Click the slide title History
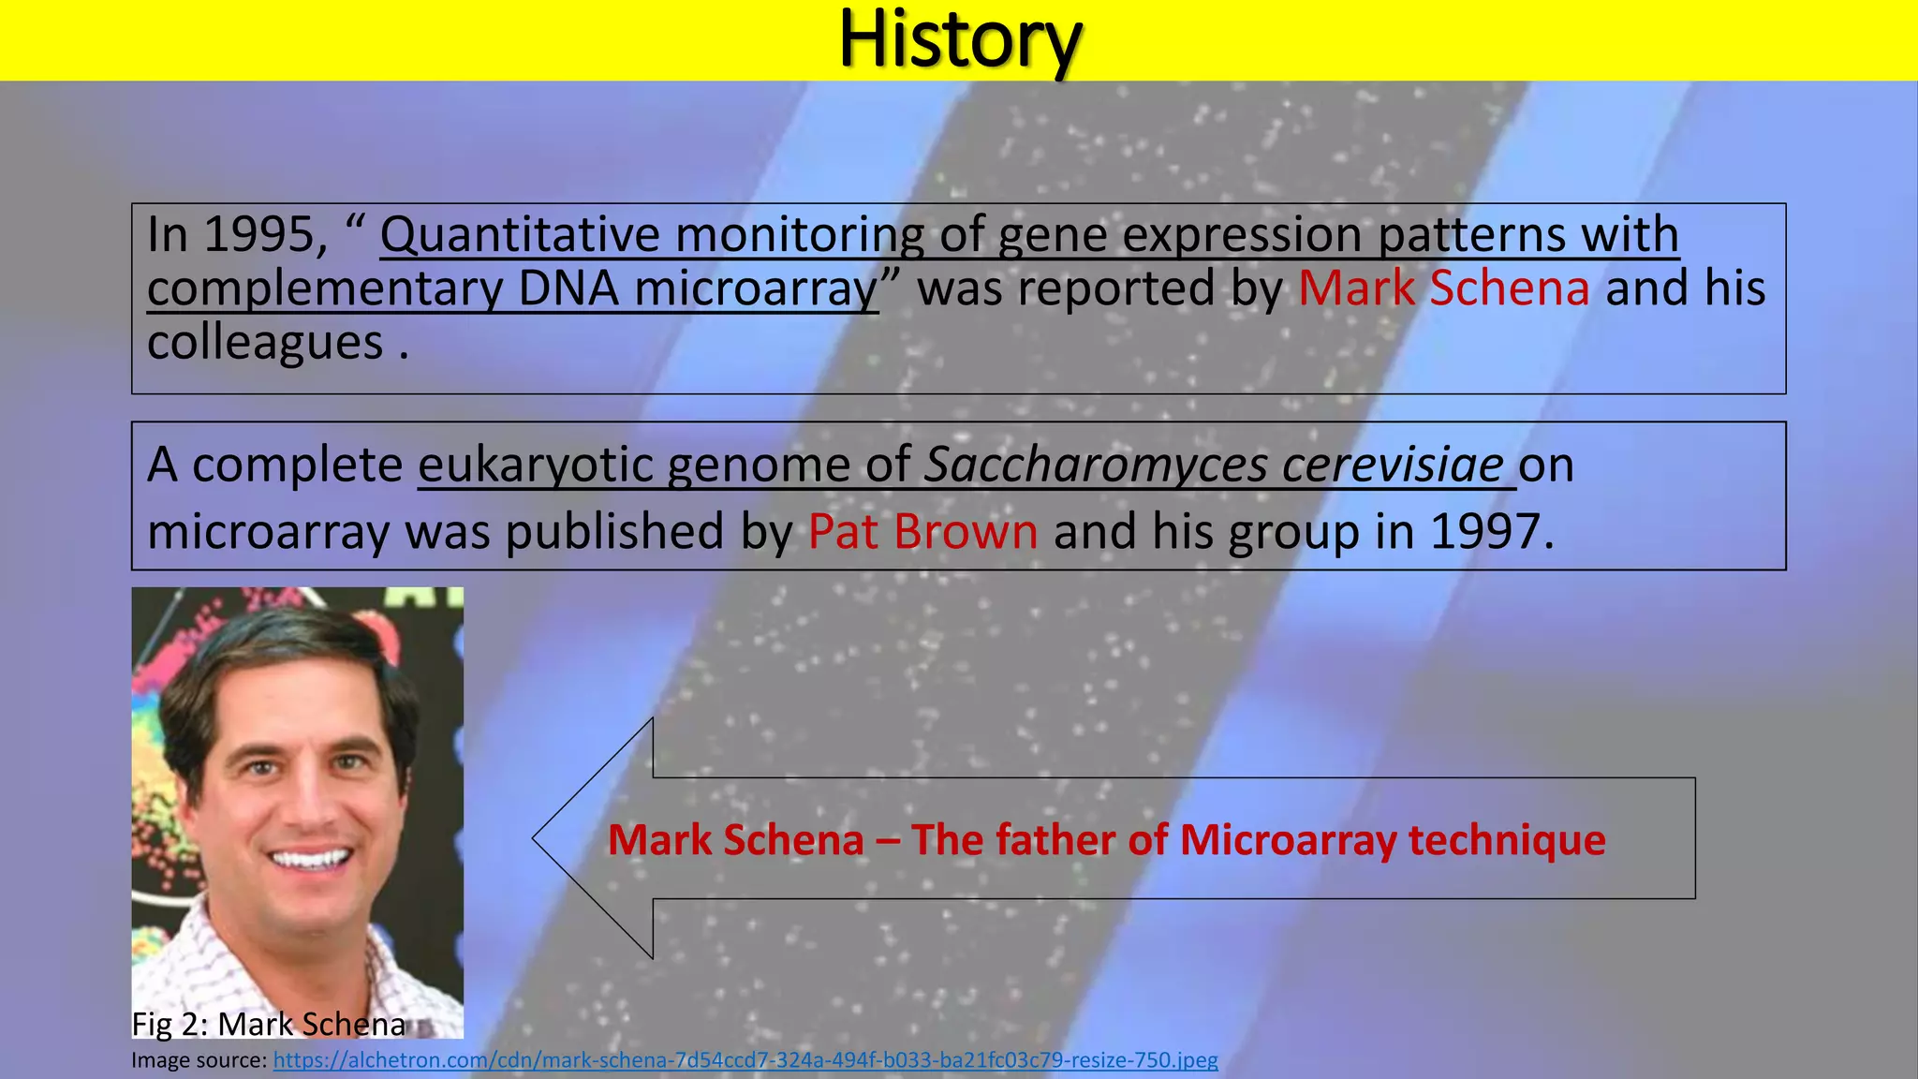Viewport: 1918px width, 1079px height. [960, 39]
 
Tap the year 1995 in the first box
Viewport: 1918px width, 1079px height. [258, 234]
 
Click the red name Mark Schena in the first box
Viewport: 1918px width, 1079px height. [1443, 288]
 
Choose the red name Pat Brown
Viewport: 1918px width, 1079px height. [922, 532]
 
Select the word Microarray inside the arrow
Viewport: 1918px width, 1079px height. [1288, 839]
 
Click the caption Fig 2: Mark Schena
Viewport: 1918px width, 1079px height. [269, 1024]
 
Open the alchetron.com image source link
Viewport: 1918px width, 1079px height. [745, 1060]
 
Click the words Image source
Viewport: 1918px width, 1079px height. [199, 1060]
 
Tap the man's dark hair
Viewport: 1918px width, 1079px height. [281, 646]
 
